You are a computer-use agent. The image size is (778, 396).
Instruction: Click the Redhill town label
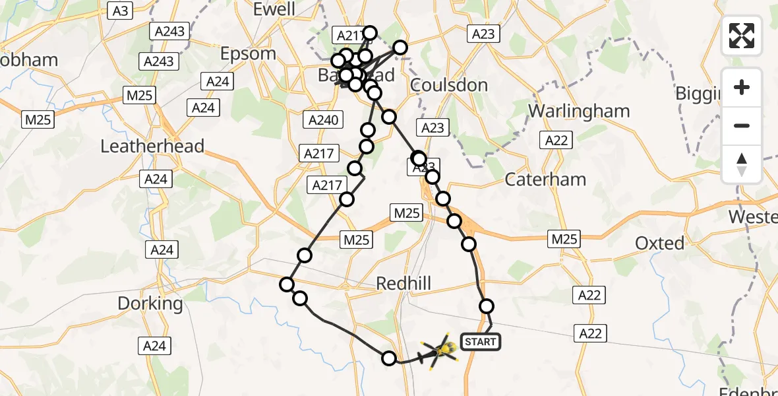pos(403,284)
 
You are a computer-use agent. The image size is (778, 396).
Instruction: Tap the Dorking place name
pos(150,304)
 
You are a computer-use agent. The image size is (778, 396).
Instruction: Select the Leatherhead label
pos(152,146)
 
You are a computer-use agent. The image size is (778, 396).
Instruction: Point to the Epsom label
pos(249,53)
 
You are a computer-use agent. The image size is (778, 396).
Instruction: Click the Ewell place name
pos(274,9)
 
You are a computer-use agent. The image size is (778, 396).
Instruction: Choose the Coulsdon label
pos(449,85)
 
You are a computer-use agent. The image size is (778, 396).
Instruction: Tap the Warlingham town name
pos(580,111)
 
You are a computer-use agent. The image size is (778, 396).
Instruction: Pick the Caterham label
pos(545,179)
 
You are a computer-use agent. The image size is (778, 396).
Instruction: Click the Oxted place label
pos(659,244)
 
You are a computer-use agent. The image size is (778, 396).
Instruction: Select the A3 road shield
pos(120,10)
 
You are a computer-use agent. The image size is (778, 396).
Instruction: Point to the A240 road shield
pos(322,120)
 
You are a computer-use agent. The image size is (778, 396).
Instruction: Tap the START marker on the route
pos(481,341)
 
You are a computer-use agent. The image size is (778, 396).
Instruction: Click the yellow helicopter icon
pos(440,350)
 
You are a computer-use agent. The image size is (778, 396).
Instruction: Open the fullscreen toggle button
pos(742,36)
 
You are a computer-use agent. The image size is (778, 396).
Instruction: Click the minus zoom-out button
pos(742,126)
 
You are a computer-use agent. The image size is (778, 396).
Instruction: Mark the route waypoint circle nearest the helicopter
pos(389,358)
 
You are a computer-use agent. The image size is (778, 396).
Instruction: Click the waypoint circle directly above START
pos(487,306)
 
